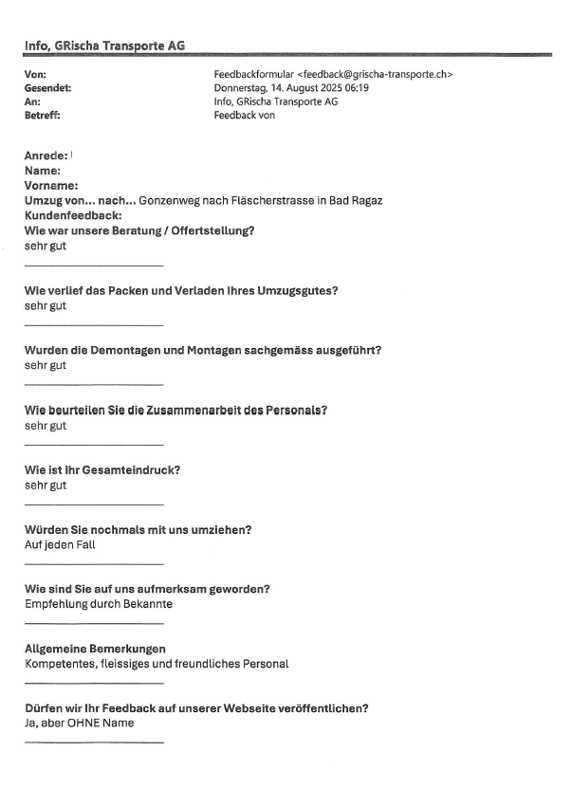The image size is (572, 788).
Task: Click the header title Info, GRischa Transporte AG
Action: [x=104, y=45]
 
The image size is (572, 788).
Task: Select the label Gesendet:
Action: [x=50, y=88]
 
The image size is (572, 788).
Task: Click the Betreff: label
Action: [x=45, y=116]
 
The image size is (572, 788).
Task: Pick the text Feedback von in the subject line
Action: [x=246, y=116]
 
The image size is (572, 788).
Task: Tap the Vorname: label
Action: [x=51, y=186]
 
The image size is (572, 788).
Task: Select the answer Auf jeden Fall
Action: [x=60, y=544]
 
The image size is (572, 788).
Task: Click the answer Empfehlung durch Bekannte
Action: [x=99, y=604]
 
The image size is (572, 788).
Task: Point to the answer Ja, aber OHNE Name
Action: [x=80, y=724]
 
